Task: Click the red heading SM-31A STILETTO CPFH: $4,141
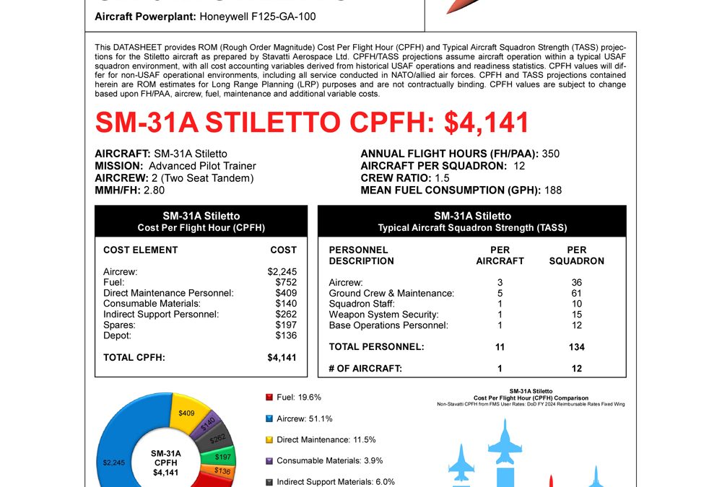point(312,123)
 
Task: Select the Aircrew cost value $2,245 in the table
point(282,272)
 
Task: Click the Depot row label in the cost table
point(117,335)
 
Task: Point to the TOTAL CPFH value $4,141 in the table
point(282,357)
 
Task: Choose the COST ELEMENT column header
point(140,250)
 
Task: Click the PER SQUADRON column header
point(576,255)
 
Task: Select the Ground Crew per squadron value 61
point(576,293)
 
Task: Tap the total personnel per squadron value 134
point(576,347)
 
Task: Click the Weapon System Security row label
point(383,315)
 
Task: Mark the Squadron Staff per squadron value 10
point(576,304)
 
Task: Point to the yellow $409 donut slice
point(186,414)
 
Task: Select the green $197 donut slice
point(222,457)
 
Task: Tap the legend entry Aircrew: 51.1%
point(304,418)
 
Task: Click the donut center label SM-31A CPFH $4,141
point(165,462)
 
